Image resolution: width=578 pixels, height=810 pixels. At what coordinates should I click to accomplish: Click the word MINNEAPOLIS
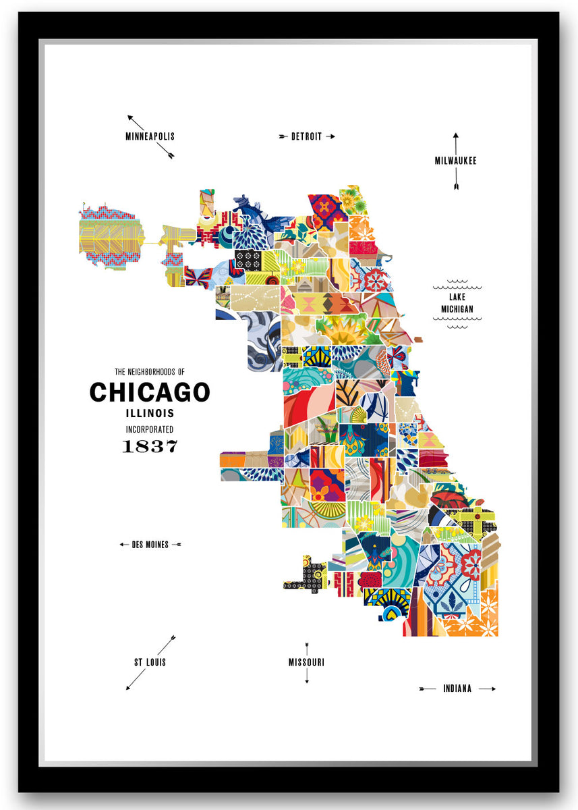(x=150, y=136)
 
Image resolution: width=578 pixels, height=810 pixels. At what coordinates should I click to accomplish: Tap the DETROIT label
(x=306, y=136)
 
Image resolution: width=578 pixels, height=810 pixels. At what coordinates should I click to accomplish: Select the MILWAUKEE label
(x=455, y=161)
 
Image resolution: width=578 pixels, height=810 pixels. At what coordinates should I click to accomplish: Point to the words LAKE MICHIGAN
(x=457, y=303)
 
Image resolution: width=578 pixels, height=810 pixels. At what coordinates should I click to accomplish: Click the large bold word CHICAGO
(x=150, y=392)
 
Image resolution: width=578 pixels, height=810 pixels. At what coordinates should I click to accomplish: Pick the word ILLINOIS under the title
(x=150, y=413)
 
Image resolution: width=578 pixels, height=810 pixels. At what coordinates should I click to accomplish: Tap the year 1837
(x=150, y=446)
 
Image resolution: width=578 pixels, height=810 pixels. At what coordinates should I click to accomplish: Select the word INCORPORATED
(x=150, y=429)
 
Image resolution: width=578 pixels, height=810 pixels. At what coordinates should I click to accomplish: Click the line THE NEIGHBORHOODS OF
(x=150, y=371)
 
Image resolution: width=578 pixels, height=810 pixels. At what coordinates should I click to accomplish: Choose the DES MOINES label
(x=150, y=545)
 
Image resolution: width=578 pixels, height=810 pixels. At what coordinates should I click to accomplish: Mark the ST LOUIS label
(x=150, y=662)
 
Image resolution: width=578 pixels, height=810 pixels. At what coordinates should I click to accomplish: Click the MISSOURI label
(x=306, y=662)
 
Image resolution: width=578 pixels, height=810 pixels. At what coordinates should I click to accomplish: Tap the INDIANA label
(x=457, y=689)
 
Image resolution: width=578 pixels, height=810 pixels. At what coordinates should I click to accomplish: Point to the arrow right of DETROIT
(x=330, y=136)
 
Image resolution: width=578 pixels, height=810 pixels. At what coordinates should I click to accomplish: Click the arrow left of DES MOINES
(x=124, y=545)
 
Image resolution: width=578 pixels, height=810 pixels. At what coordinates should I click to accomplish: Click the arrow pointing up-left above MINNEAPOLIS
(x=136, y=122)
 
